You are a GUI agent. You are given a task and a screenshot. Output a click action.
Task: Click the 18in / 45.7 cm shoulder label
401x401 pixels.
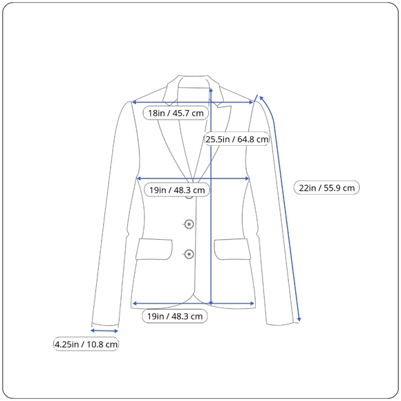[x=176, y=113]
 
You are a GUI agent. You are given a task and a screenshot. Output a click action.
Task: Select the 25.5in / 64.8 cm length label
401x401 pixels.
[x=237, y=139]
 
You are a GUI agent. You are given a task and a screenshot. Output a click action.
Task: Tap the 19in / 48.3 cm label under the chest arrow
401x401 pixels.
[x=177, y=190]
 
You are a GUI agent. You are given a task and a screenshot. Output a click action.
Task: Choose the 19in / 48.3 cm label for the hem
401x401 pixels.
[x=175, y=316]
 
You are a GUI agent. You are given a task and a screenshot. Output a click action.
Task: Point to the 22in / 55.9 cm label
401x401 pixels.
[x=326, y=188]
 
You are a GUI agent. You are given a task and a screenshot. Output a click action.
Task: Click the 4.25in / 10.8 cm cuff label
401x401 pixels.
[x=86, y=344]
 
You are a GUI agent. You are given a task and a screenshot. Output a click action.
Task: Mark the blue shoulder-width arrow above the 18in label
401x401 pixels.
[x=193, y=102]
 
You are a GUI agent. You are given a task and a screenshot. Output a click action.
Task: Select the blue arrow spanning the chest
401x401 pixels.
[x=193, y=178]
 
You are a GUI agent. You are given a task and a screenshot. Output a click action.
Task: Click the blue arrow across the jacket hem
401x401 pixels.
[x=194, y=304]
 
